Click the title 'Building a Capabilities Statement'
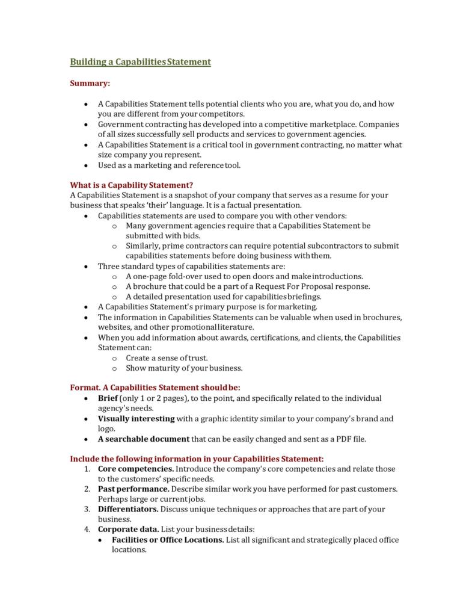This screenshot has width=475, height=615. [140, 61]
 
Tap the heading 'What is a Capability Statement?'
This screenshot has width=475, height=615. [131, 184]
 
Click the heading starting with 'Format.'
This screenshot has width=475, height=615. [155, 388]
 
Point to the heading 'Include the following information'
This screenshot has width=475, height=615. [197, 459]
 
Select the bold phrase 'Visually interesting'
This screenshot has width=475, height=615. [136, 418]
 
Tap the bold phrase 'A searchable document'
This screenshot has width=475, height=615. [144, 439]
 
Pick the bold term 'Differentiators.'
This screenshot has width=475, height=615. [128, 509]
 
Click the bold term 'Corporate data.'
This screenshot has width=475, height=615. [128, 530]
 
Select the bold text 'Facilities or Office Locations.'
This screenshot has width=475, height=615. [168, 540]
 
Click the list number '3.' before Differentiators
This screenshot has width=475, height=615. [87, 509]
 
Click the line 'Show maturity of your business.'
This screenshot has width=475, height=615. [184, 368]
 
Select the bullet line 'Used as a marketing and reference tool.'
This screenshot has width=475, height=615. [168, 165]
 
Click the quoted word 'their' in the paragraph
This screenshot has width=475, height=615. [158, 205]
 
